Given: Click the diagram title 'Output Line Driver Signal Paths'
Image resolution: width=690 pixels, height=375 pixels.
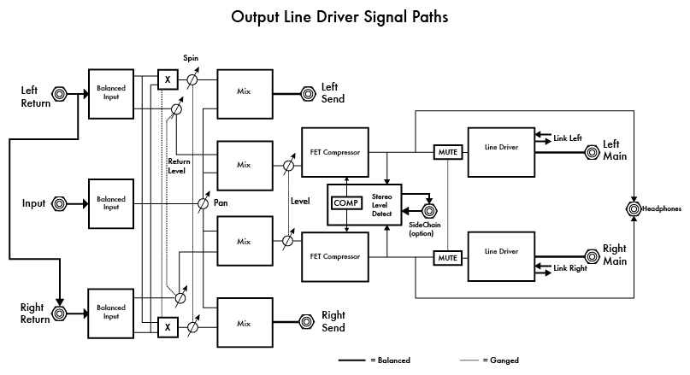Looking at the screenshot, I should coord(339,16).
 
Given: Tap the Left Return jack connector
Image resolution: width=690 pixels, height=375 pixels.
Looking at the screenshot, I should coord(61,94).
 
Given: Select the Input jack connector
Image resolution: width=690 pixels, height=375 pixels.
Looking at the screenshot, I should coord(61,203).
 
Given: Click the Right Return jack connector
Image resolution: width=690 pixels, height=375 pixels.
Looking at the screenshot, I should coord(61,313).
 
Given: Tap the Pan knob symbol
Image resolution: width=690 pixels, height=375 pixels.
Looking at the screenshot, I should coord(203,204).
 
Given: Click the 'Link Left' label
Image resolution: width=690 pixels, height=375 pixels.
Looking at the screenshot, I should coord(569,137).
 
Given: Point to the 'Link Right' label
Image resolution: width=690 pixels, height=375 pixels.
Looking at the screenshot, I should coord(571,269).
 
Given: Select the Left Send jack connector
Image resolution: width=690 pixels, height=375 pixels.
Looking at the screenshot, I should coord(306,94).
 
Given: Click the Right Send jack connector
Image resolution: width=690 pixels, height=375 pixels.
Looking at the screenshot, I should coord(306,322).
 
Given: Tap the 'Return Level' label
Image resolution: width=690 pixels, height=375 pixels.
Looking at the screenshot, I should coord(179,166).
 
